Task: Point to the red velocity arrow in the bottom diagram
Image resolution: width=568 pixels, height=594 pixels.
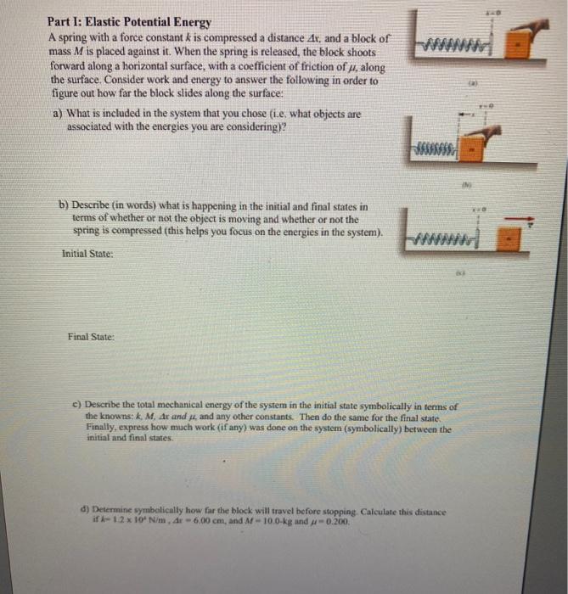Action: pyautogui.click(x=517, y=221)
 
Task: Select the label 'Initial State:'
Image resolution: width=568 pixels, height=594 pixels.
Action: pyautogui.click(x=87, y=253)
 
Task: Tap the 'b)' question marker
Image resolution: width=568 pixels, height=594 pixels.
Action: pyautogui.click(x=63, y=205)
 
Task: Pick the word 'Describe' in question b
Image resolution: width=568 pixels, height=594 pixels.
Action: pyautogui.click(x=93, y=205)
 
